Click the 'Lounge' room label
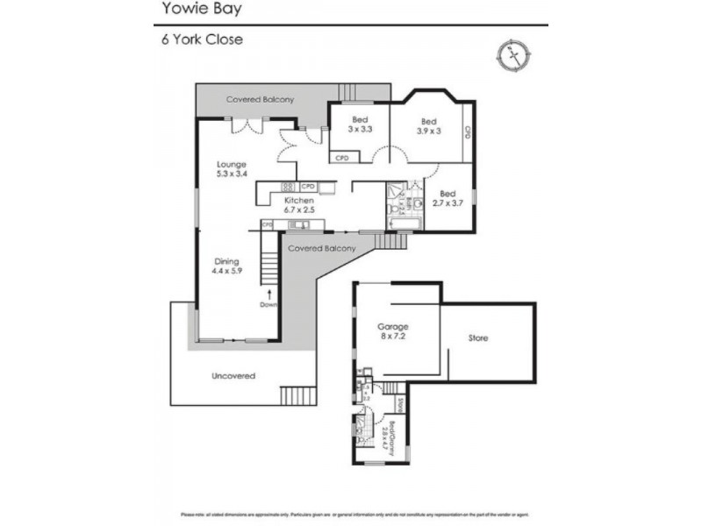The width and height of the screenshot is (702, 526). (x=232, y=164)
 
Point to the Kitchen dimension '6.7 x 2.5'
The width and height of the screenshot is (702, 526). (x=298, y=211)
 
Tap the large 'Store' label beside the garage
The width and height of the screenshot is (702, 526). (x=477, y=338)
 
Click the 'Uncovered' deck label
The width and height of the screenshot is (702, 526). (x=233, y=376)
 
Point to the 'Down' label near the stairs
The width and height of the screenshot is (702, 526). (x=269, y=304)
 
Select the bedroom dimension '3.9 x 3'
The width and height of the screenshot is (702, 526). (x=428, y=131)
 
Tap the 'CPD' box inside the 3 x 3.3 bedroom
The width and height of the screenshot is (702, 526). (x=342, y=159)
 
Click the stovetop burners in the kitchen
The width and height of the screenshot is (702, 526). (x=287, y=186)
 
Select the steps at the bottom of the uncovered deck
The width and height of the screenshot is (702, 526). (x=297, y=395)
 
